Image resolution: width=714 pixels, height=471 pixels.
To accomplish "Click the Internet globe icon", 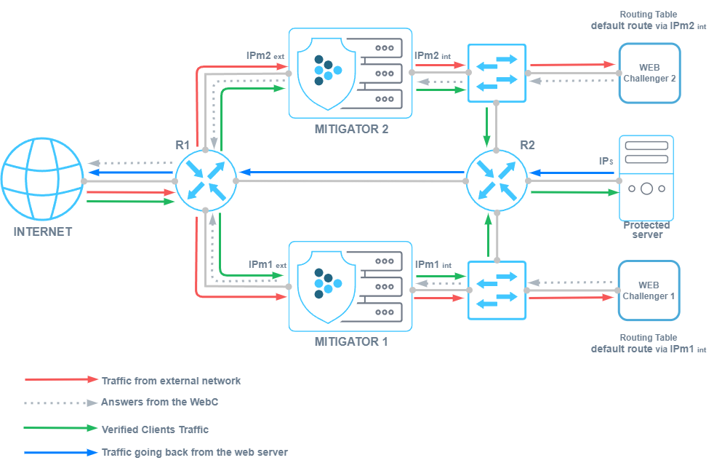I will point(41,180).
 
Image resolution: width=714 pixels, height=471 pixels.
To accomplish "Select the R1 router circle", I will point(206,181).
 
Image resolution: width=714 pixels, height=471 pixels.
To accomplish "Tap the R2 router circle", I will point(497,181).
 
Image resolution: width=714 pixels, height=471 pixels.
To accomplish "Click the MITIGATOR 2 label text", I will point(351,129).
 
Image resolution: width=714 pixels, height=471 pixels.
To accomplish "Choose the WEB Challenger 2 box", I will point(649,73).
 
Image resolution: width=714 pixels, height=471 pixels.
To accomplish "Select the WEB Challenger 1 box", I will point(649,290).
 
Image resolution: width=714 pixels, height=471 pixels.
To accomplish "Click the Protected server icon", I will point(646,178).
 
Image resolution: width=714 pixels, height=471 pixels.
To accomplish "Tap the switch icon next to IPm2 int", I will point(497,73).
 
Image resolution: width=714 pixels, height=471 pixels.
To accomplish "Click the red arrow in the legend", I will point(61,380).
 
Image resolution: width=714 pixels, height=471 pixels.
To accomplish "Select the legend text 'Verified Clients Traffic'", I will point(155,430).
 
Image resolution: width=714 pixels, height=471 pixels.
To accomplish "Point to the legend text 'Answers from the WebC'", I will point(159,402).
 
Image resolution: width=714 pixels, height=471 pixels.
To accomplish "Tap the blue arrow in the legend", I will point(61,452).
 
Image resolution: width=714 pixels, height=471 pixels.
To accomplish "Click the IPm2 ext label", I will point(266,55).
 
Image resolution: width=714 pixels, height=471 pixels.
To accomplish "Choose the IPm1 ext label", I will point(266,264).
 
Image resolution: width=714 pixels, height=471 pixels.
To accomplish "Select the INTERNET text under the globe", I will point(43,232).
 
